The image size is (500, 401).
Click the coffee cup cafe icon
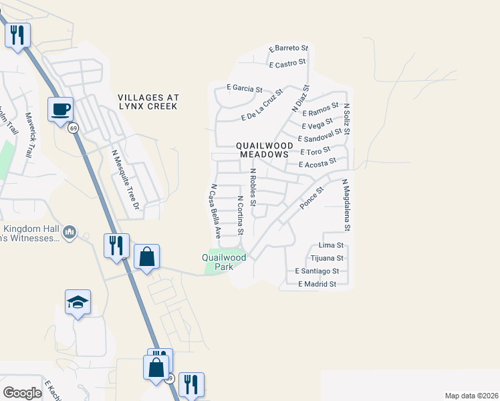click(60, 108)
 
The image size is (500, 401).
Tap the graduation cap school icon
click(78, 303)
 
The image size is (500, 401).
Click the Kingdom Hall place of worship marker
click(70, 232)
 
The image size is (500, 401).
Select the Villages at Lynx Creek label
click(147, 102)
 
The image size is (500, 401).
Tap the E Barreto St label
click(288, 49)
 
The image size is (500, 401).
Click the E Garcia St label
click(244, 88)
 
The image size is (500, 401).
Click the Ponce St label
click(311, 198)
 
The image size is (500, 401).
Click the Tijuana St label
click(327, 258)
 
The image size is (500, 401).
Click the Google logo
click(22, 393)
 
